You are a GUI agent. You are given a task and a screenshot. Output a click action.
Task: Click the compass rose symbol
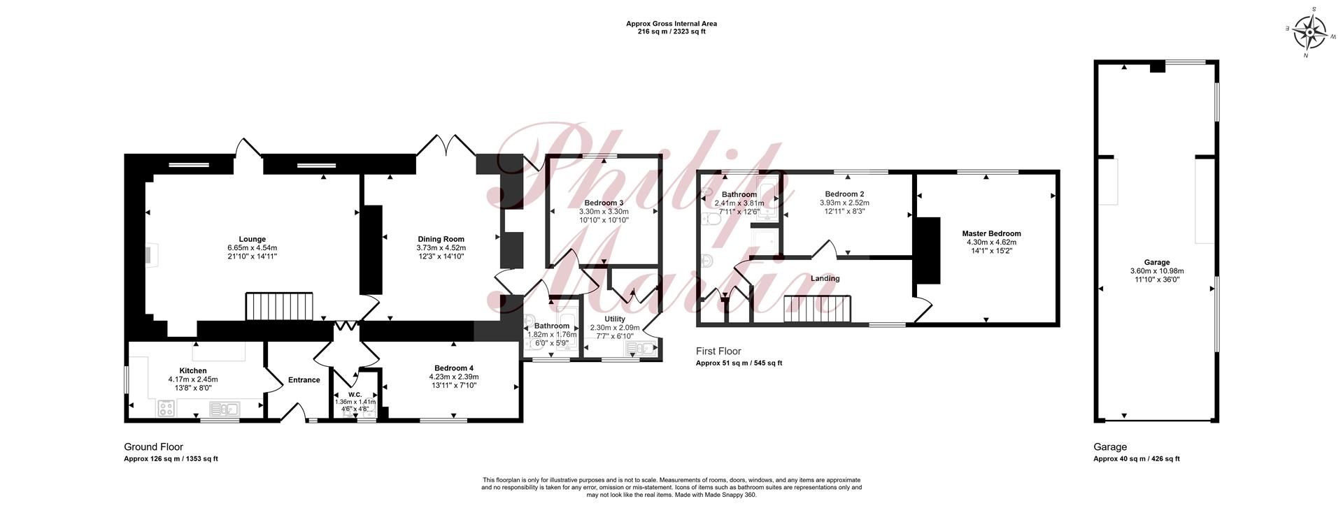[1309, 31]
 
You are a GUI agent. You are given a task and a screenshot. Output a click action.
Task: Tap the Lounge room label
[252, 239]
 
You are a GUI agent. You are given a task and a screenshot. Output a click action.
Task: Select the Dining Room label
[441, 239]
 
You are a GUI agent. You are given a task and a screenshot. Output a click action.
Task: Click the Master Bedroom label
[991, 233]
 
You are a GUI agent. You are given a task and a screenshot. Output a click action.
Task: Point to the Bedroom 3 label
[604, 203]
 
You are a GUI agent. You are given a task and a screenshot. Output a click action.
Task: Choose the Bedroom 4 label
[453, 368]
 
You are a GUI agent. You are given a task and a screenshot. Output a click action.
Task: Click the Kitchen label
[193, 371]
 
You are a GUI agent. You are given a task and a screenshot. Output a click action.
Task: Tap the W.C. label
[355, 394]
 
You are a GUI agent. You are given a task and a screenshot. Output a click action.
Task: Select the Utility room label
[615, 319]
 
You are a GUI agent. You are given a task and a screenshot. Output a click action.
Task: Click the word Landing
[825, 278]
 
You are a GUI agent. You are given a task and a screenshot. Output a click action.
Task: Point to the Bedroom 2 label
[844, 194]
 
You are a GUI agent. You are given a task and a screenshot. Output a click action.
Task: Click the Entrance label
[304, 380]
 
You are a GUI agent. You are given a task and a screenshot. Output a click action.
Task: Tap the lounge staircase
[280, 307]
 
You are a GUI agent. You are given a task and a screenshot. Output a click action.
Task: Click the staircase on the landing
[817, 310]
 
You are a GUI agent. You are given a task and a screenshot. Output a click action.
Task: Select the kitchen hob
[166, 408]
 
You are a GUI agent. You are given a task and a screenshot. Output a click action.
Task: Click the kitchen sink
[224, 408]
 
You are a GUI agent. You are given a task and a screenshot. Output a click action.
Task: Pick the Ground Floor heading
[153, 447]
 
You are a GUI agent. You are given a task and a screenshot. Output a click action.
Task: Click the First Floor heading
[718, 351]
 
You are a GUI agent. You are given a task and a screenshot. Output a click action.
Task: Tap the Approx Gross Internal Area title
[671, 24]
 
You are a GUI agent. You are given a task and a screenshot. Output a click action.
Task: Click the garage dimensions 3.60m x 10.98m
[1157, 271]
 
